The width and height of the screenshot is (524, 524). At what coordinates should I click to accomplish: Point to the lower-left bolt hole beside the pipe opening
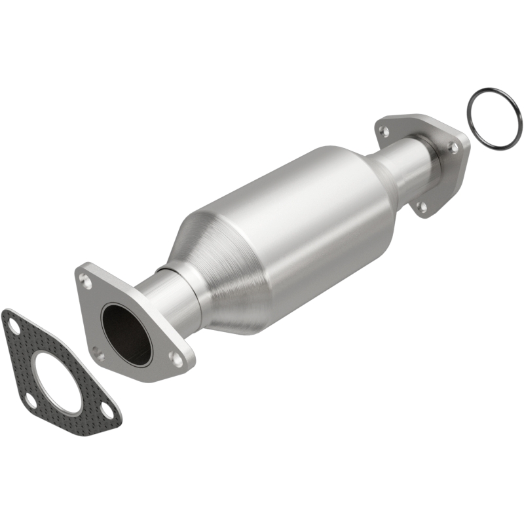tap(98, 354)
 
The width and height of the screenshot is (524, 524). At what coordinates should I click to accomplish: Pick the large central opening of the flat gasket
tap(58, 383)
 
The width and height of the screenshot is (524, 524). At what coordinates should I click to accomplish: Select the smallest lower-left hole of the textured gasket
tap(29, 400)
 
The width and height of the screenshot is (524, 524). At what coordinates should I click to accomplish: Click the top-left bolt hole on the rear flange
tap(386, 131)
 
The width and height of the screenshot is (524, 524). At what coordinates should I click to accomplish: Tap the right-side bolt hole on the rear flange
tap(453, 148)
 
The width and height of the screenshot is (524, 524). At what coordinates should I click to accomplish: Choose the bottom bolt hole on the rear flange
tap(422, 206)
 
